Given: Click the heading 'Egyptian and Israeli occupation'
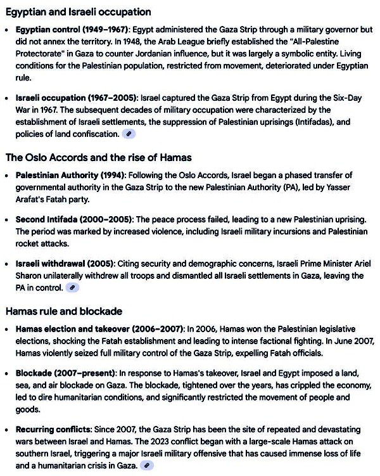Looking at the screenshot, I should pyautogui.click(x=79, y=12).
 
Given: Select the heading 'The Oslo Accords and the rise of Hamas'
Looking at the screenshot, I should pyautogui.click(x=99, y=157).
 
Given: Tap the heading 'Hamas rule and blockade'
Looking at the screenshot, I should pyautogui.click(x=64, y=311).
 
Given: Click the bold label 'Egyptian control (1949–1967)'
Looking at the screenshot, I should pyautogui.click(x=72, y=30).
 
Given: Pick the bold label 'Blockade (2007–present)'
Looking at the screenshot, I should pyautogui.click(x=66, y=373).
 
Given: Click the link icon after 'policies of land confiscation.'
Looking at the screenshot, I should pyautogui.click(x=129, y=134).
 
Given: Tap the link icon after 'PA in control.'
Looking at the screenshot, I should pyautogui.click(x=73, y=288).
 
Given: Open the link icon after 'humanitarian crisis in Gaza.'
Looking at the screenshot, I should pyautogui.click(x=147, y=466).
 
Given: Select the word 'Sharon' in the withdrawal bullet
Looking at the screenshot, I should pyautogui.click(x=30, y=276).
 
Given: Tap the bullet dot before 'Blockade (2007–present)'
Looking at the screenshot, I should pyautogui.click(x=8, y=373).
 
